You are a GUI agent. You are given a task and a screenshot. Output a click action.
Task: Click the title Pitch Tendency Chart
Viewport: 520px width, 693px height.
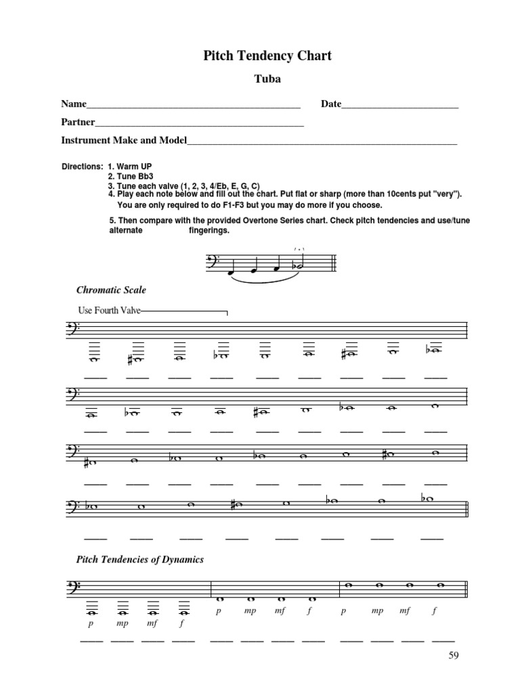[267, 55]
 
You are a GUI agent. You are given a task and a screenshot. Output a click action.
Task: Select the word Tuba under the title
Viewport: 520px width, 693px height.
[267, 79]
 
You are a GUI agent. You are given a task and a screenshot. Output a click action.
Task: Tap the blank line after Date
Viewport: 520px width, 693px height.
[400, 106]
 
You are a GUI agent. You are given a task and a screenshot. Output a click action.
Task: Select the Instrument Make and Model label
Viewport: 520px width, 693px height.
[123, 141]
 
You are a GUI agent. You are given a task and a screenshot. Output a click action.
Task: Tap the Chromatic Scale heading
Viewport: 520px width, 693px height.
[111, 290]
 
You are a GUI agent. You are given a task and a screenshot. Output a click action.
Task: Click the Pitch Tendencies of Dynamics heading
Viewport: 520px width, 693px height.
[140, 560]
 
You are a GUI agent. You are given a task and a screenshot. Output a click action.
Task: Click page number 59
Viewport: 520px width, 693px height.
[454, 655]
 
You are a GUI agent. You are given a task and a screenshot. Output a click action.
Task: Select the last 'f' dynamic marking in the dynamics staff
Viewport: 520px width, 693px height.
[434, 610]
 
